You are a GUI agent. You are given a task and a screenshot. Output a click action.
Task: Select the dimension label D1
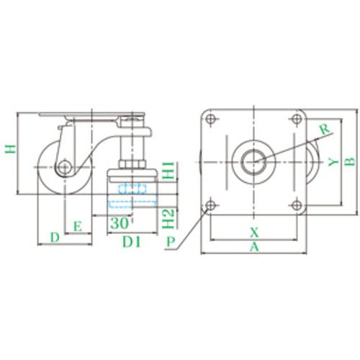pos(131,242)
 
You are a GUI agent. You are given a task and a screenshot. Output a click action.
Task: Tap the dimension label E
pos(78,226)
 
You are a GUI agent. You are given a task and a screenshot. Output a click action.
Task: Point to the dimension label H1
pos(168,171)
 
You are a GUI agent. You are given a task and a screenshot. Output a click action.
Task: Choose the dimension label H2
pos(168,218)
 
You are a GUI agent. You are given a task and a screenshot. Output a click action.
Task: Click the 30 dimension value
pos(120,223)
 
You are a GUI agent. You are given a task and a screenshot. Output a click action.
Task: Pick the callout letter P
pos(171,242)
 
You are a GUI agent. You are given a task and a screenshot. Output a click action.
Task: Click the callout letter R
pos(325,129)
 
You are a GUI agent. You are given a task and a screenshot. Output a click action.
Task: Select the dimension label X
pos(254,233)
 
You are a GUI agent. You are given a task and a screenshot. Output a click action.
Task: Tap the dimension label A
pos(254,247)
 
